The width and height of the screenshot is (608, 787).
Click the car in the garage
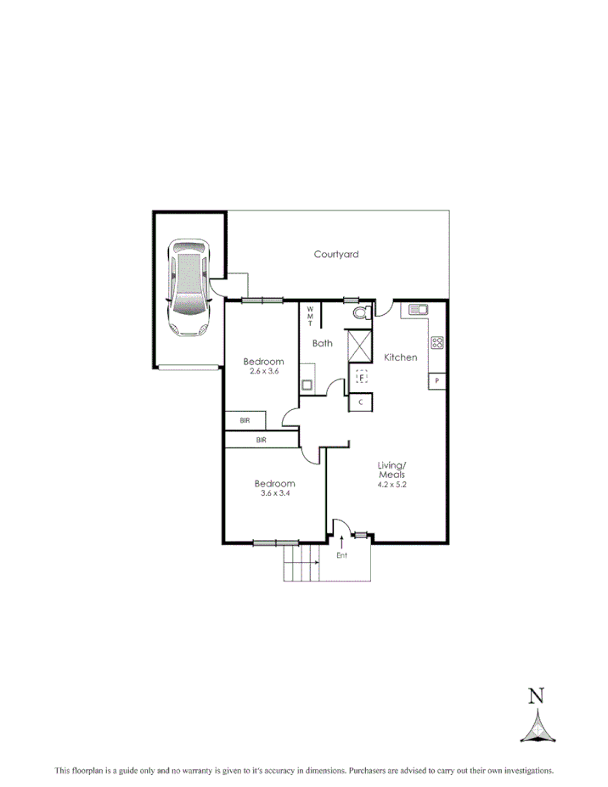click(x=189, y=288)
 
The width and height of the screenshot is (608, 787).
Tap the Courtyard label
click(x=336, y=254)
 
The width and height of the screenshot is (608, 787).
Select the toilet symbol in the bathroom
click(x=359, y=313)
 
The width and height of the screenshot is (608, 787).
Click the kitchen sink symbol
click(x=419, y=310)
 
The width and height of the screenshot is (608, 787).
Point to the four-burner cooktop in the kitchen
click(x=437, y=343)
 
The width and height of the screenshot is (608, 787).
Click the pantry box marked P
click(x=437, y=382)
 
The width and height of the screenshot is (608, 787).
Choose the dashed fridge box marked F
click(x=362, y=376)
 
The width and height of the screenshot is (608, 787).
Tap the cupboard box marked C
click(x=361, y=402)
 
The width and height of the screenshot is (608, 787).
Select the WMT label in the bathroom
click(x=310, y=316)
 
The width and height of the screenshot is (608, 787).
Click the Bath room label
click(x=323, y=344)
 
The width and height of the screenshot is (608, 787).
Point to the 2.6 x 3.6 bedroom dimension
click(x=263, y=372)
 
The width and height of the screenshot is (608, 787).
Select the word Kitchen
click(x=401, y=357)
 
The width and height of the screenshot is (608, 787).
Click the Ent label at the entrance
click(x=342, y=556)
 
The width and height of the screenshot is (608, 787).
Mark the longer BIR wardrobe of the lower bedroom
click(x=262, y=440)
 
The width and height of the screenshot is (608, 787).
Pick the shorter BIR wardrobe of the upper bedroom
click(x=245, y=420)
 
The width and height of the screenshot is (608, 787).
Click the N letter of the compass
click(x=536, y=697)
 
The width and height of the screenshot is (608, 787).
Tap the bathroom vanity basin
click(x=307, y=384)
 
